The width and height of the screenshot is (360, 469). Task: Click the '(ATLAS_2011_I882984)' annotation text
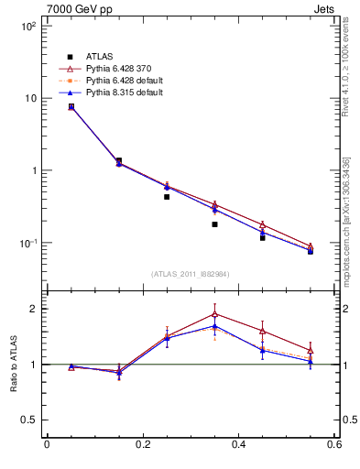(191, 275)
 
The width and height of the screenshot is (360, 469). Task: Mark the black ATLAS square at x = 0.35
(214, 224)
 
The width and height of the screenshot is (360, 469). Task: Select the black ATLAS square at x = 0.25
(167, 196)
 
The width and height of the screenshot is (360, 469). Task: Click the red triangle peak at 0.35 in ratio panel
(214, 313)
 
